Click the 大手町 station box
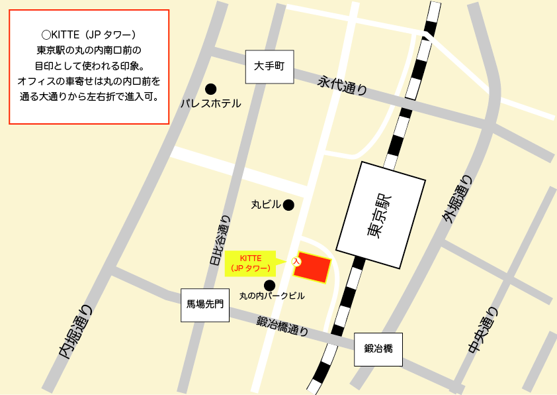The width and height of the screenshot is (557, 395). pos(269,67)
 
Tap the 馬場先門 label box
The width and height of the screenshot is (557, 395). pos(205,305)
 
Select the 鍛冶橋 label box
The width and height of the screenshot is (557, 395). pos(378,349)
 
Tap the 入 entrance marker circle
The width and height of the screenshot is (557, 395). pos(296,262)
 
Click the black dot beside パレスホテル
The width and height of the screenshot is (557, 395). pos(211,89)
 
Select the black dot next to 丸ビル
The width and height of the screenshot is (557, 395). pos(288,205)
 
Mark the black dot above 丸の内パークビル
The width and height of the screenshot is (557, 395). pos(269,285)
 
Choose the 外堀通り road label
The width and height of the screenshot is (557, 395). pos(458,199)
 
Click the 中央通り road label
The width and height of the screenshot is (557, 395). pos(481,331)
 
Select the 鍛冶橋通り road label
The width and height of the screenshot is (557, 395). pos(282,325)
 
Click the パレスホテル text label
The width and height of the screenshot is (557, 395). pos(211,103)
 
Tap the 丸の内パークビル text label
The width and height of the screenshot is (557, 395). pos(272,296)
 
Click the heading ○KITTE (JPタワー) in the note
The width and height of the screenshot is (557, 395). pos(89,34)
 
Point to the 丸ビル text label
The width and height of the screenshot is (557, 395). pos(266,205)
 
